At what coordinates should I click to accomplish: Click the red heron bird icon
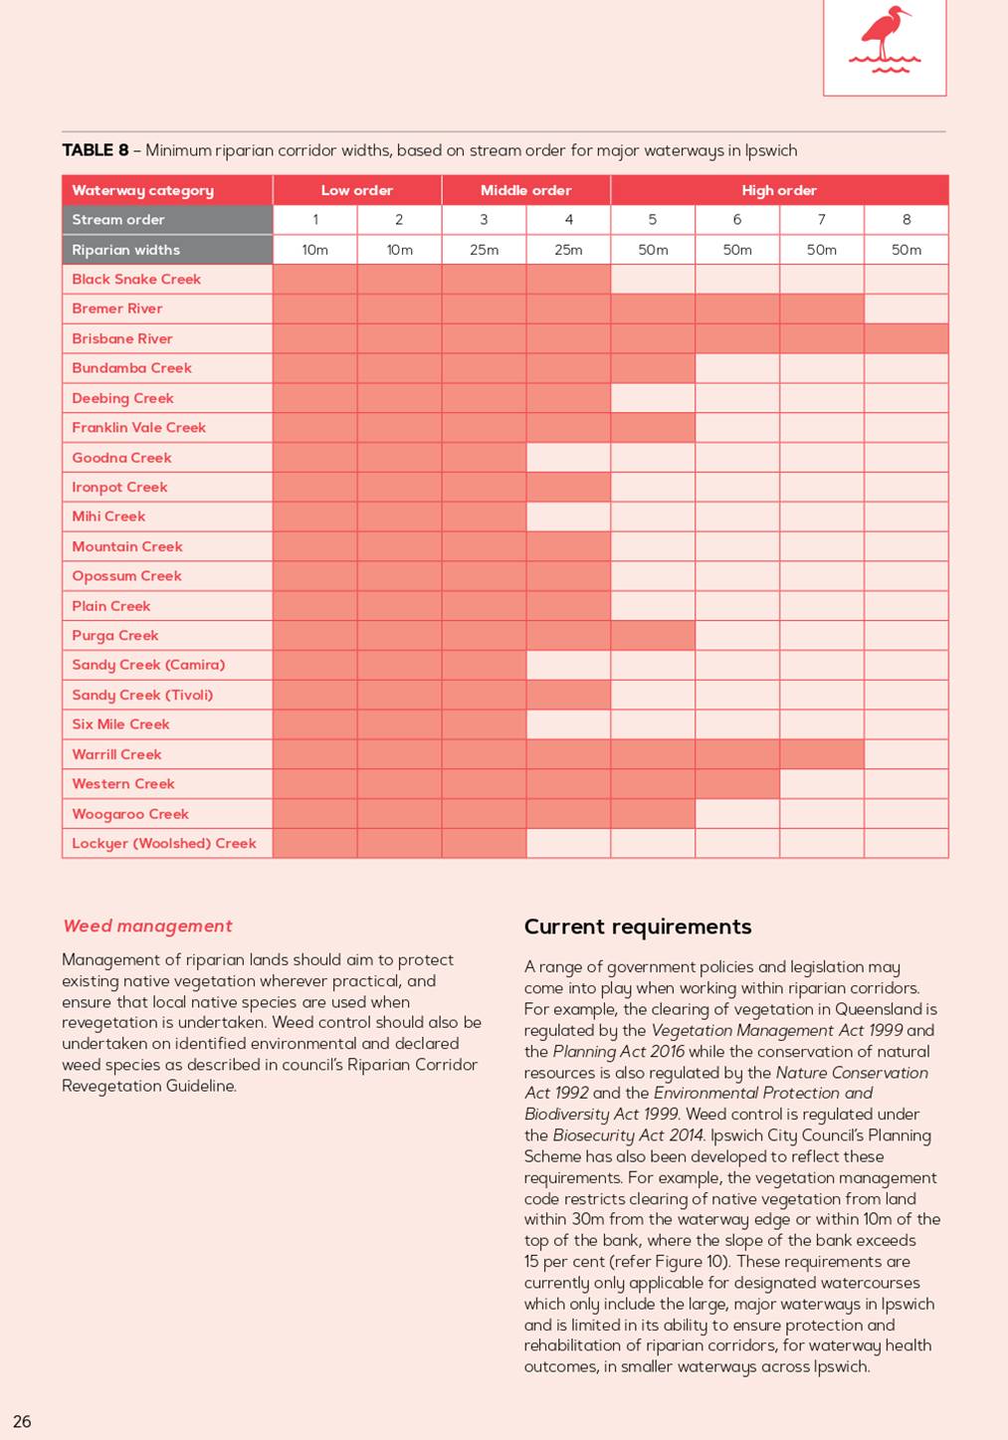884,39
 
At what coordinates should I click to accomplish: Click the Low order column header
357,190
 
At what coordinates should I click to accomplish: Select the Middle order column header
525,190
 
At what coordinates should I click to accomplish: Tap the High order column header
779,190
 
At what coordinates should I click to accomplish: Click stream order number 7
822,219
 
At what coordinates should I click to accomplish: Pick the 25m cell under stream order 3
484,250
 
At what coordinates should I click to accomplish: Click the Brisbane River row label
122,338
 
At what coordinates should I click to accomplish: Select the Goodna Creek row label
121,458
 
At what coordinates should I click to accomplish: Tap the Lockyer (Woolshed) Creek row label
164,843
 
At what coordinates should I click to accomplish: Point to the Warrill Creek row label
116,754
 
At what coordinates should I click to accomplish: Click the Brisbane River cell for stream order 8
906,338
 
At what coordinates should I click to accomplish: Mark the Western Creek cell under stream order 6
737,783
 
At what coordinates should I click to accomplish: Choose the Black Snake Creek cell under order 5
653,279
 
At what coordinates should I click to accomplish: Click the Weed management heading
147,926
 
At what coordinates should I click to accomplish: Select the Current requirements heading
638,926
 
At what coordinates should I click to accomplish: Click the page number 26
22,1421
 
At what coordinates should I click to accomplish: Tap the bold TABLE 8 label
96,150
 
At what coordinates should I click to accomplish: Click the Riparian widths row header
126,250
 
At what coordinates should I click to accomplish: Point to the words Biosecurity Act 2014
628,1135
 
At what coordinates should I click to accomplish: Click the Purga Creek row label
115,636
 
